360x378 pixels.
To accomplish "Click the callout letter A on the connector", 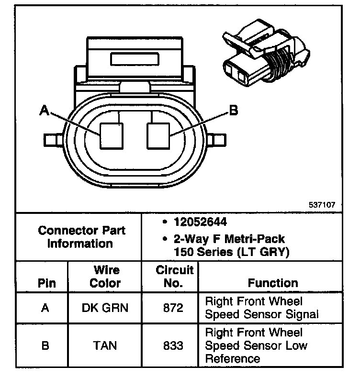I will point(45,111).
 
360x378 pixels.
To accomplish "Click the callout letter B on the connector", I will point(233,111).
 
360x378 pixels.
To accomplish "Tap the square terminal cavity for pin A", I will point(112,136).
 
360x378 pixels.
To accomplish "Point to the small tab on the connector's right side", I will point(217,140).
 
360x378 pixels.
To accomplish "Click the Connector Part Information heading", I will point(81,236).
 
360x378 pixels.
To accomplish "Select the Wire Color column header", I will point(105,277).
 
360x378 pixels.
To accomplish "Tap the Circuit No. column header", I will point(175,277).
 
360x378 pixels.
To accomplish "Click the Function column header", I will point(272,283).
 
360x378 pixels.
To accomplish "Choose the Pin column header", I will point(46,283).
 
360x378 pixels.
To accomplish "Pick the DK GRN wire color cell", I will point(105,308).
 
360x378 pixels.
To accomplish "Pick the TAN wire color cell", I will point(105,345).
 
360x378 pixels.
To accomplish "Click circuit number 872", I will point(173,308).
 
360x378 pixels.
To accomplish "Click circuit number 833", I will point(173,345).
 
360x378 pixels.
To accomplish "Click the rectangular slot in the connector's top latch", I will point(135,60).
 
